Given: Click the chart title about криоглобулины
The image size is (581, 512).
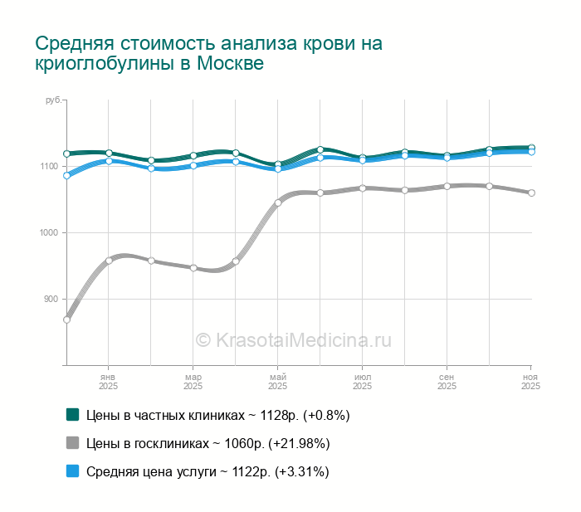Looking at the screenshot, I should tap(208, 53).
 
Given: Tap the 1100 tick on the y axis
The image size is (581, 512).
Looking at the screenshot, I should tap(49, 167).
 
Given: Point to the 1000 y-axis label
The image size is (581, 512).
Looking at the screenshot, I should tap(49, 233).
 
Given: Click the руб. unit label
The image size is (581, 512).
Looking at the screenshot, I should tap(53, 100).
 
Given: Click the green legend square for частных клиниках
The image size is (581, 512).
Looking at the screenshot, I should tap(72, 414).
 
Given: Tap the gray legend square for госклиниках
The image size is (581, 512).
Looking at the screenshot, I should tap(72, 442).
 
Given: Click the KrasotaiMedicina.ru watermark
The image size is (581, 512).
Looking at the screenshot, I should tap(292, 339).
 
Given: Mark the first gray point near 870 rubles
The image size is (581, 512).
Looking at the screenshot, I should tap(66, 319).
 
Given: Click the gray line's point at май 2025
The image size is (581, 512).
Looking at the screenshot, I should tap(278, 202).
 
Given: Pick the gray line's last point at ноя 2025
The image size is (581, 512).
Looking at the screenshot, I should tap(531, 193).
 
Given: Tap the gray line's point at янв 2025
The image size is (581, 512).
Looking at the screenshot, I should tap(109, 261).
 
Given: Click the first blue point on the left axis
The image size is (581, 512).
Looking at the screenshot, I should tap(66, 175).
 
